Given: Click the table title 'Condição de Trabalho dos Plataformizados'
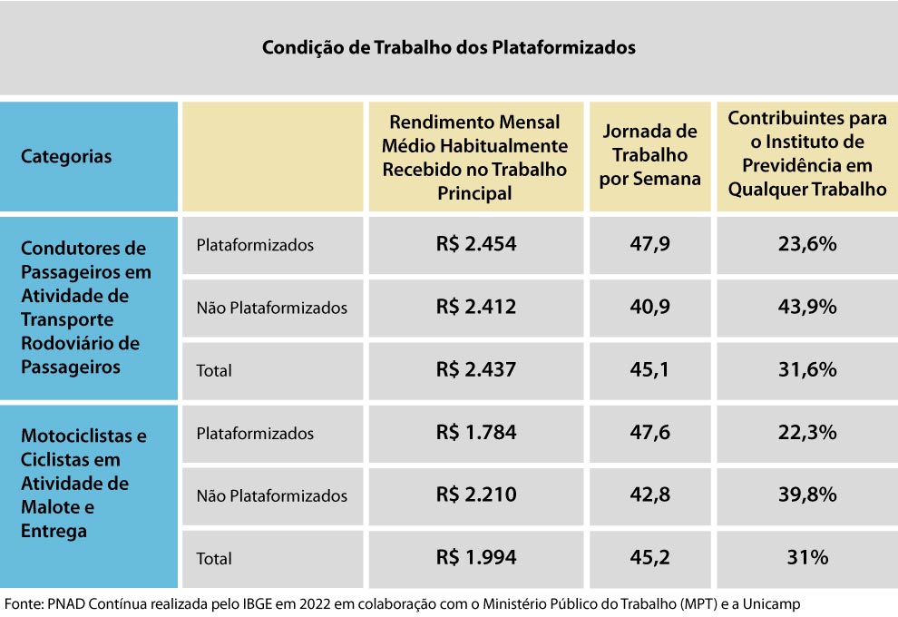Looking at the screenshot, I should coord(448,47).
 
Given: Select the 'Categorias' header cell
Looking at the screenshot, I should coord(66,156).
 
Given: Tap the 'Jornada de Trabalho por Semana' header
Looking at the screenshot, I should coord(650,155).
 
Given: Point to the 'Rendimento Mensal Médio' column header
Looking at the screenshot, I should coord(474,157).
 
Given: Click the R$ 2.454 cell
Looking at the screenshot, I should coord(475,244).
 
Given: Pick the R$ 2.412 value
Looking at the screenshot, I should coord(475,307).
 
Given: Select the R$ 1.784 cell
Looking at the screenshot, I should coord(475,433).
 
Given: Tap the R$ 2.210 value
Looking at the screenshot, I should coord(475,495).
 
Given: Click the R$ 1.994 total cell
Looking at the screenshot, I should coord(475,558).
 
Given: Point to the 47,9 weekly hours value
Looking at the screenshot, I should coord(650,244).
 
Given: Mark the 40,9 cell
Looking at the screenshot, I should coord(650,307).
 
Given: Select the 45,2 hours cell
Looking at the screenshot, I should coord(650,558).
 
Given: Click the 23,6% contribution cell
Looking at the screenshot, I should coord(806,244).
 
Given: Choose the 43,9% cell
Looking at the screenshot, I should coord(806,307).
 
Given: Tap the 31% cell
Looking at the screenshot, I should coord(806,558).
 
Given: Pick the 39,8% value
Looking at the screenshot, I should coord(806,495).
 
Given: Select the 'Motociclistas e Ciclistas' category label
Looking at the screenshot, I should coord(83,483).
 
